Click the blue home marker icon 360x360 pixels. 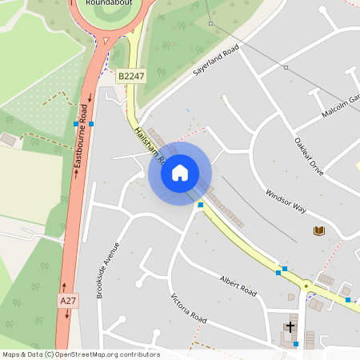point(179,172)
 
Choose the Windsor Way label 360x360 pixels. point(286,200)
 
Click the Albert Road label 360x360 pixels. point(238,286)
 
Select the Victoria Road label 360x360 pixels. point(189,308)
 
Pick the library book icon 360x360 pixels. point(318,231)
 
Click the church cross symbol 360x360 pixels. point(290,327)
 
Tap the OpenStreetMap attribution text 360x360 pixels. point(81,354)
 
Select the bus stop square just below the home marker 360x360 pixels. point(200,205)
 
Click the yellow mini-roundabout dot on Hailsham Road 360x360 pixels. point(306,285)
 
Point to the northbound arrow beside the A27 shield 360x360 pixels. point(64,284)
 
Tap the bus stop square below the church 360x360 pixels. point(295,344)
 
